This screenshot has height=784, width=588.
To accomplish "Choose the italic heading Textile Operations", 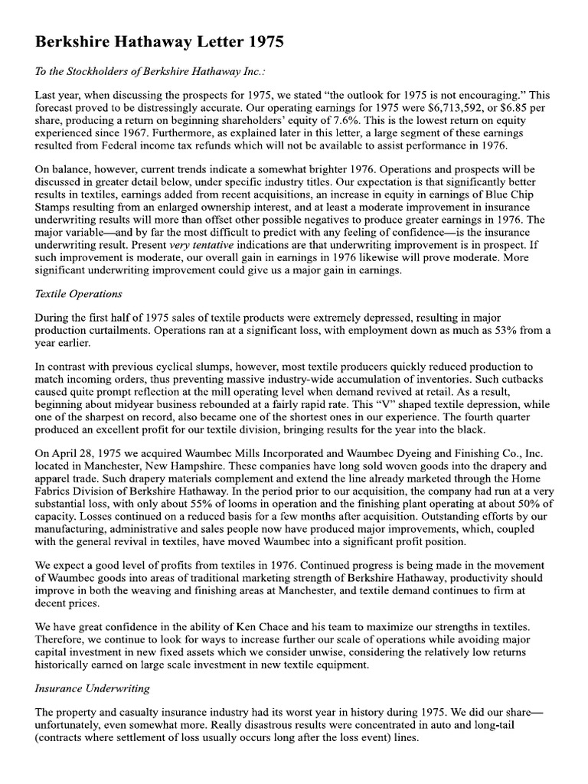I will click(79, 294).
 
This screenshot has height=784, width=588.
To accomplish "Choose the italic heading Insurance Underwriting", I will click(87, 688).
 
